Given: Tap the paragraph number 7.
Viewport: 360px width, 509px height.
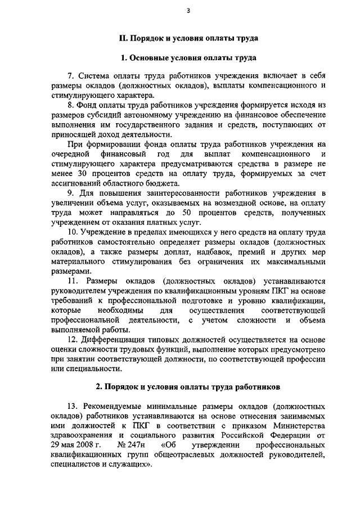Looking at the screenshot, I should (x=70, y=75).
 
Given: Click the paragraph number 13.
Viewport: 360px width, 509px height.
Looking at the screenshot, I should (x=73, y=406).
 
